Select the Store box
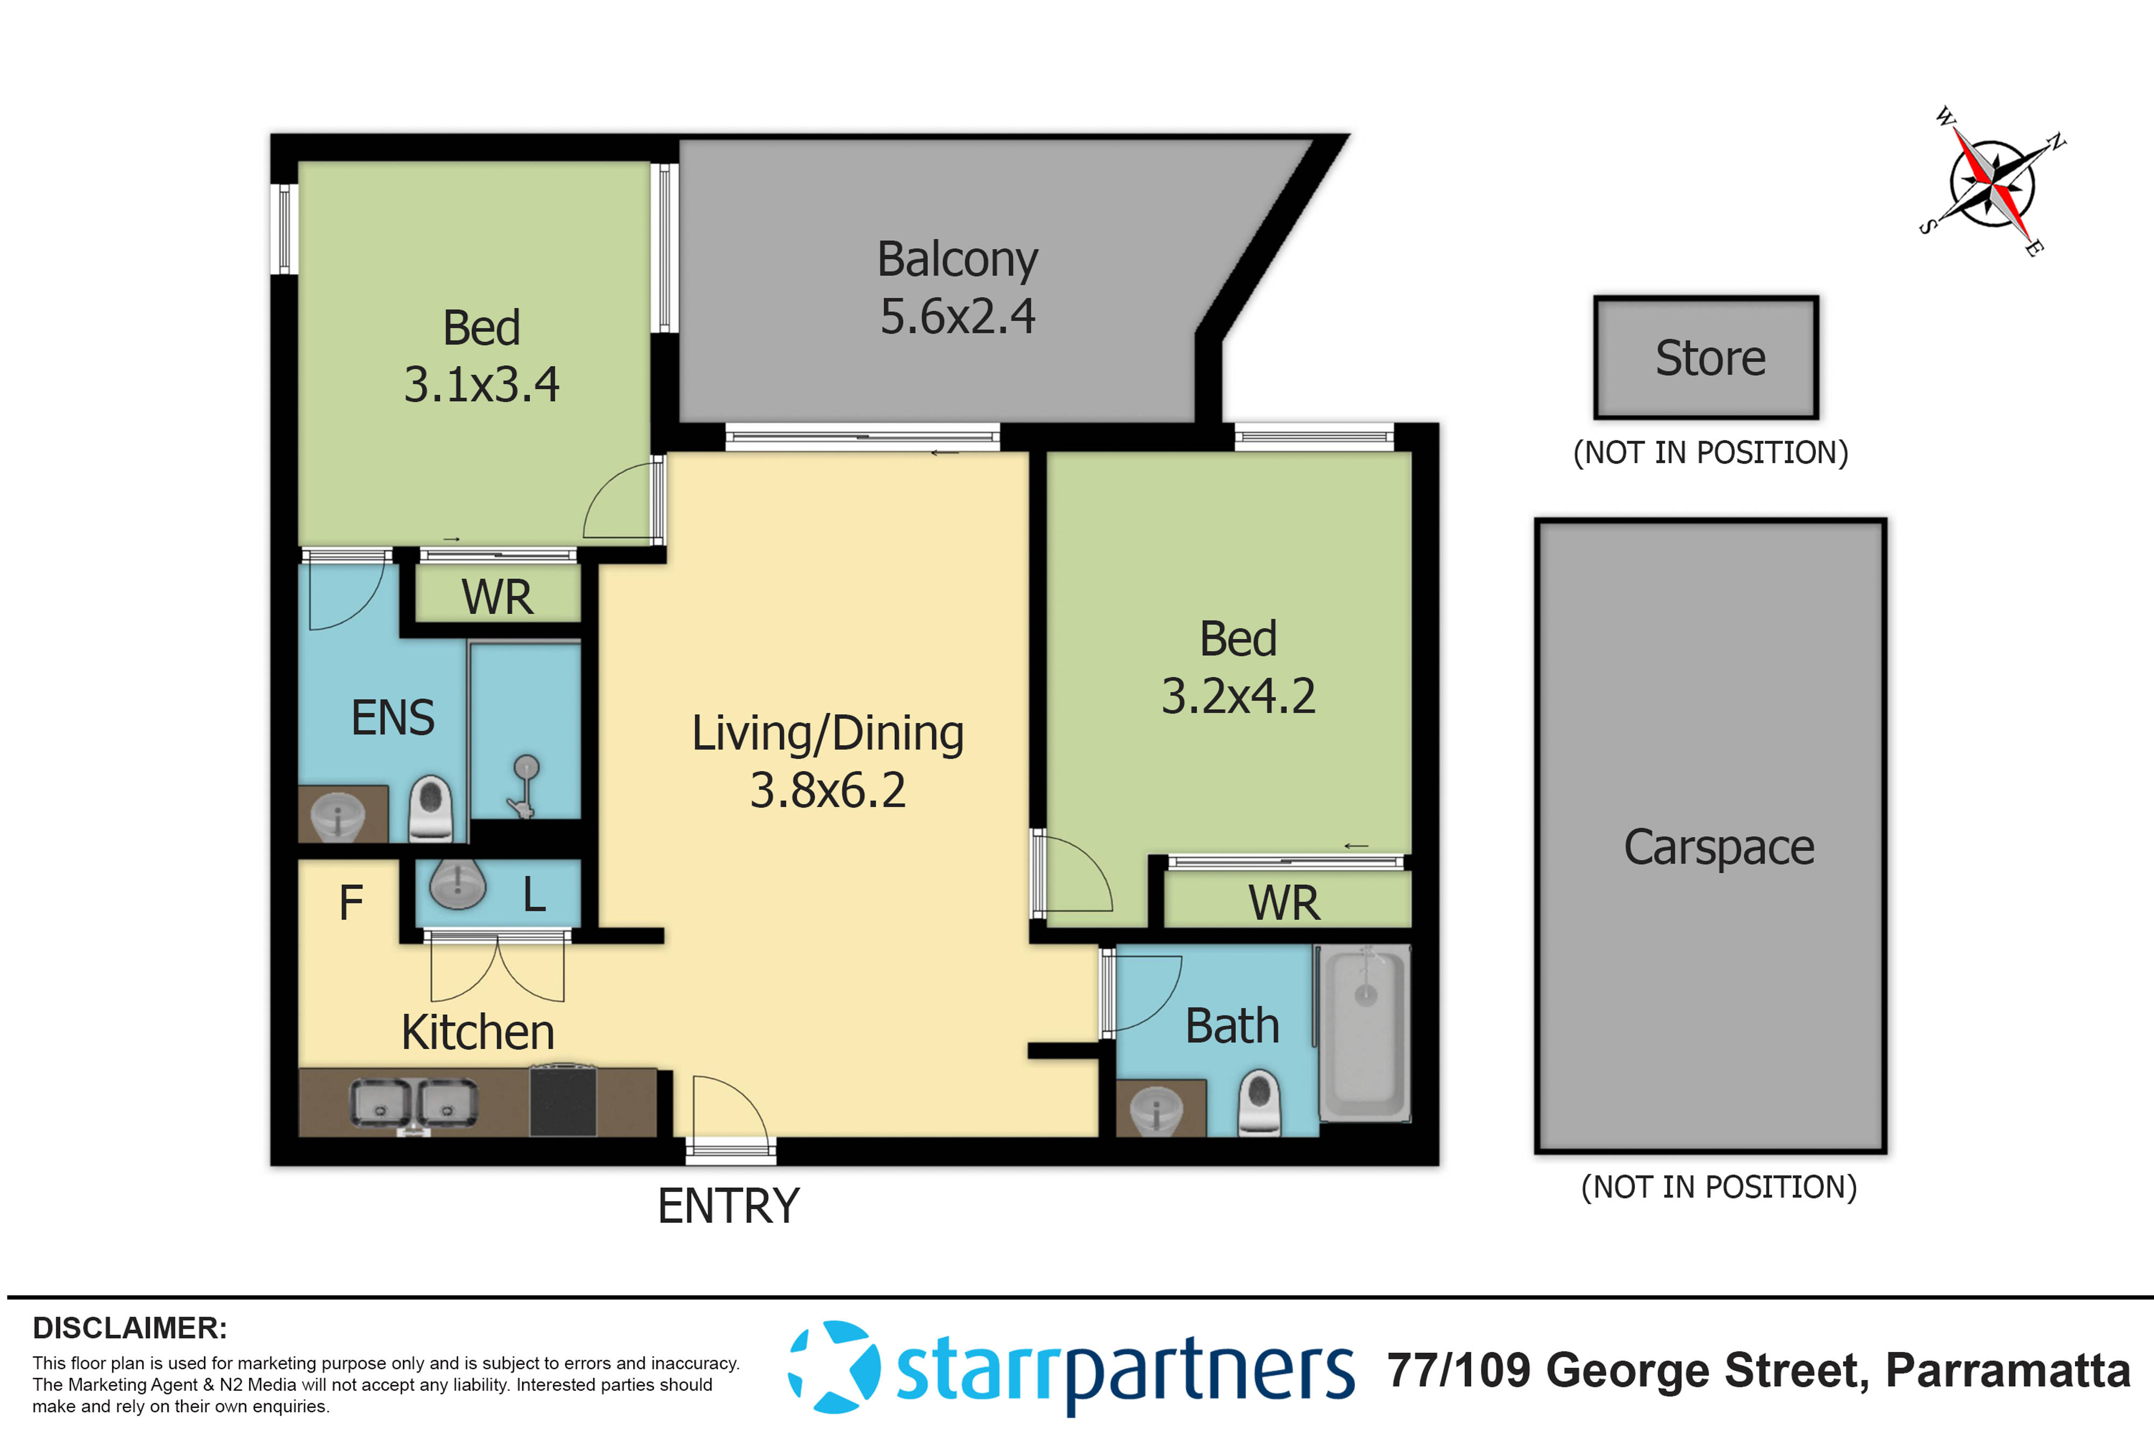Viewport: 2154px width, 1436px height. (x=1706, y=357)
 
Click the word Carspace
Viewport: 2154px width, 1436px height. (x=1718, y=847)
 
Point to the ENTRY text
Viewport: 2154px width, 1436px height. (x=728, y=1205)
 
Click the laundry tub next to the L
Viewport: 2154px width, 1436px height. (x=457, y=884)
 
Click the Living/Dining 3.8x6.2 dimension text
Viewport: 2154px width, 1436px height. (x=827, y=789)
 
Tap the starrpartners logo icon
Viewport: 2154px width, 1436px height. (x=834, y=1367)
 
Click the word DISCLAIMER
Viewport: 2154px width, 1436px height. (x=129, y=1327)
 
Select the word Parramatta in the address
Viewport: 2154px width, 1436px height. (x=2008, y=1370)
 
